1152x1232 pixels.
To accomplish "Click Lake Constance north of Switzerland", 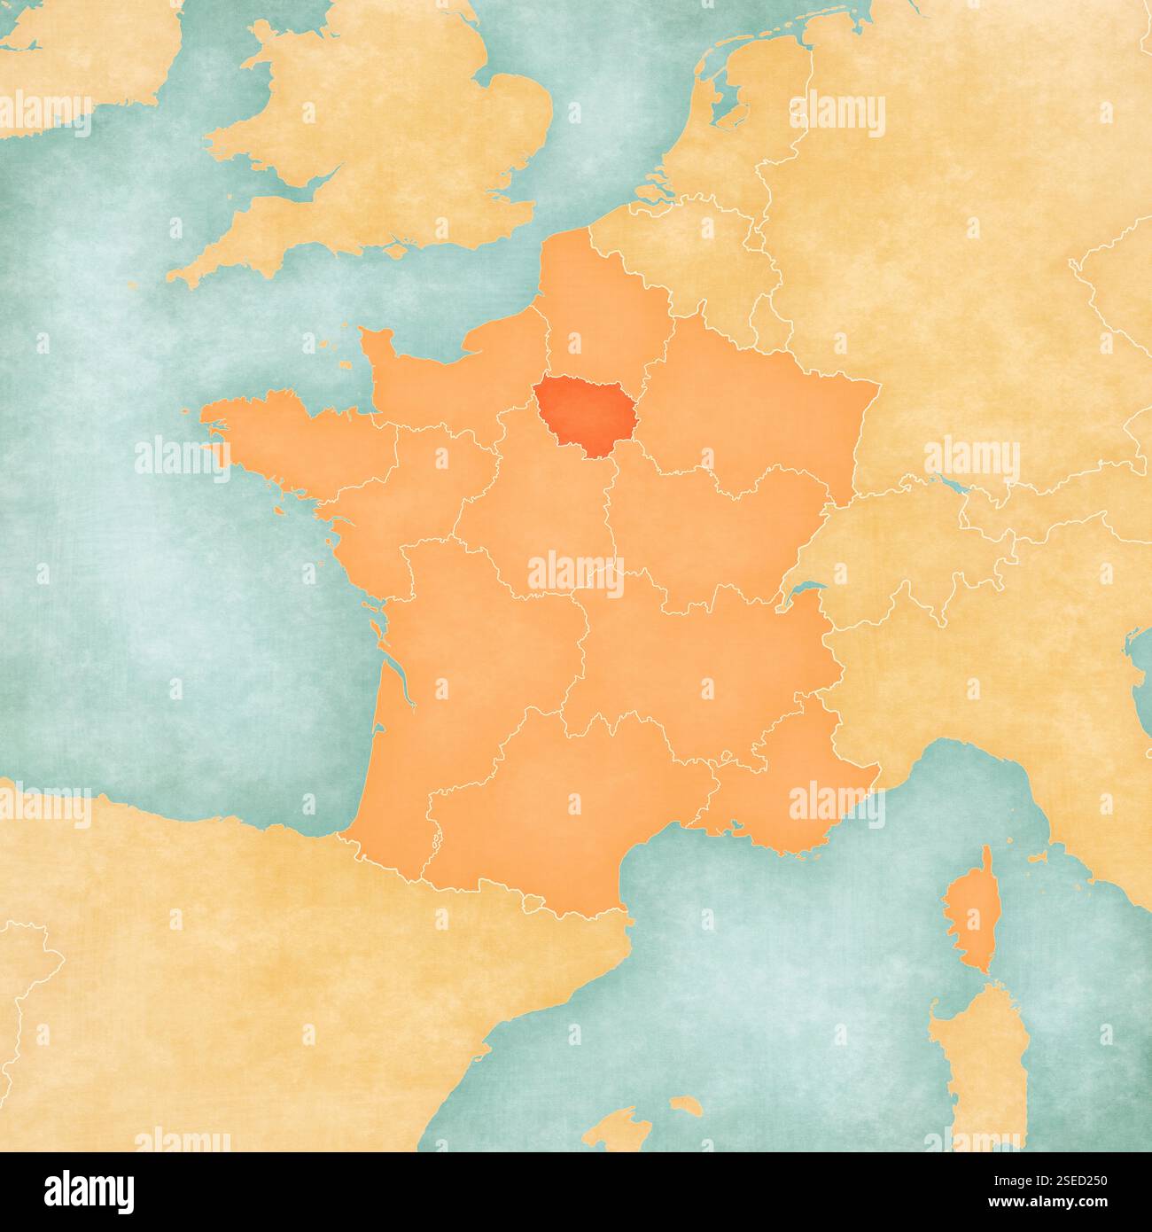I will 953,486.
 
